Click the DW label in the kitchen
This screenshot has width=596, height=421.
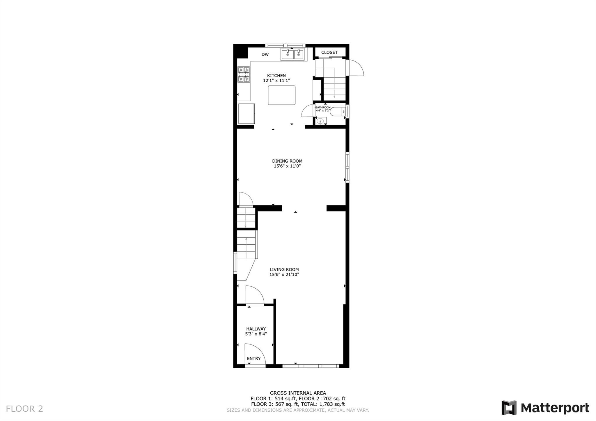coord(265,54)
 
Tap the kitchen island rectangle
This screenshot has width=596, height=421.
coord(282,95)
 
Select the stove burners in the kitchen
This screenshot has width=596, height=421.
coord(244,74)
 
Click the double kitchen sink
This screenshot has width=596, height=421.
coord(292,54)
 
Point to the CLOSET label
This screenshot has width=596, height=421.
coord(329,52)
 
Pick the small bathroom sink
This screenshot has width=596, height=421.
coord(320,121)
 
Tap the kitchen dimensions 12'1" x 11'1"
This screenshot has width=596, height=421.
coord(276,81)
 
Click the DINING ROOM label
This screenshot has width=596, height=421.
coord(287,161)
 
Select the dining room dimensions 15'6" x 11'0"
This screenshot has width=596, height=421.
coord(287,166)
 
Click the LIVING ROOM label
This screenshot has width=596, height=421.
coord(284,269)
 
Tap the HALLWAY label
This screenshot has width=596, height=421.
coord(256,329)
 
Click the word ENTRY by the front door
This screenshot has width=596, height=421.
coord(254,358)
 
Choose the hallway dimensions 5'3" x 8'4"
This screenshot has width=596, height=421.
coord(256,334)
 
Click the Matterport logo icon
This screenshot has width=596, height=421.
coord(509,408)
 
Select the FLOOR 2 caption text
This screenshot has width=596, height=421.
coord(24,409)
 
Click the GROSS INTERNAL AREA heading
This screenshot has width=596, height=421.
coord(298,393)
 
